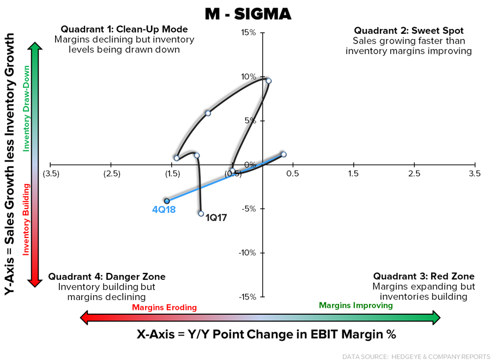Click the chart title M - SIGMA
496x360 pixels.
pyautogui.click(x=248, y=15)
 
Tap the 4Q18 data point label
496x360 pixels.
pyautogui.click(x=164, y=209)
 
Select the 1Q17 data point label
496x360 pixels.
pyautogui.click(x=216, y=217)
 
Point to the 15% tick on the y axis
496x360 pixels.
pyautogui.click(x=249, y=33)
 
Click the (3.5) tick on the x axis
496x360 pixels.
pyautogui.click(x=51, y=174)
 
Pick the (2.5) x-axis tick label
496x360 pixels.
pyautogui.click(x=111, y=174)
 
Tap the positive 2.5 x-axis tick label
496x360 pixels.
pyautogui.click(x=414, y=174)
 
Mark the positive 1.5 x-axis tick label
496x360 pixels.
pyautogui.click(x=353, y=174)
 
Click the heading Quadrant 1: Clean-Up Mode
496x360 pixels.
pyautogui.click(x=124, y=29)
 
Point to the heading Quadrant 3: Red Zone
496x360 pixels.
pyautogui.click(x=424, y=277)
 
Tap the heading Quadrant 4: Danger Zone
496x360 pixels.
pyautogui.click(x=107, y=277)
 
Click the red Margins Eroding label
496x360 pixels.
pyautogui.click(x=164, y=308)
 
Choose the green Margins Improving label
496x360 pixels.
pyautogui.click(x=355, y=306)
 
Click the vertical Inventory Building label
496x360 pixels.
pyautogui.click(x=26, y=219)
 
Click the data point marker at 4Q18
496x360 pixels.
pyautogui.click(x=167, y=201)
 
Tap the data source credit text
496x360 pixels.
pyautogui.click(x=416, y=356)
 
